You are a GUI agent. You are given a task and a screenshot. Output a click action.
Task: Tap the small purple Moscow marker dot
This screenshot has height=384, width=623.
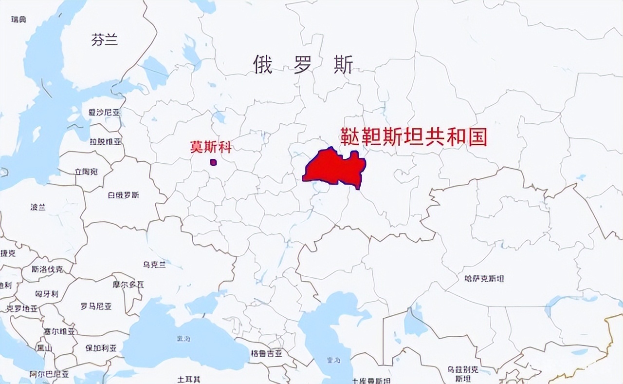point(213,162)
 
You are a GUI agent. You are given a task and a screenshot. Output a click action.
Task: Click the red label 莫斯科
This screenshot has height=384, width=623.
point(211,147)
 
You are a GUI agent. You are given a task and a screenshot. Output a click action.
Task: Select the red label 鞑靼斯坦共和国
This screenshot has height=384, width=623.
point(413,137)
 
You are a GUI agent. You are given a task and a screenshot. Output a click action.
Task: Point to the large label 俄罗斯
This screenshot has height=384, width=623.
point(303,65)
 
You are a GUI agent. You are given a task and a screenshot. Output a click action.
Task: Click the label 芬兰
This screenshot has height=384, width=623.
point(105,40)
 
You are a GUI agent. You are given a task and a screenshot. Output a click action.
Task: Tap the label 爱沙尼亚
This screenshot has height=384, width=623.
point(104,113)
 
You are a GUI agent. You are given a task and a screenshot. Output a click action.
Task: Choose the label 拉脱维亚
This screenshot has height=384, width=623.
point(105,142)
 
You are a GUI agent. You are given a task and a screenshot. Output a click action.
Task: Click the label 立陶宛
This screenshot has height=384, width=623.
point(86,172)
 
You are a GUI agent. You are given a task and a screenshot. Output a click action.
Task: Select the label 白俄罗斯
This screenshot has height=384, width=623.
point(123,195)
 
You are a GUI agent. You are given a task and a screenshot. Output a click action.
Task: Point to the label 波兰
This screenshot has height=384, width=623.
point(38,207)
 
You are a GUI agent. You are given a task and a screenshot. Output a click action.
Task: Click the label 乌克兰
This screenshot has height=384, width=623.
point(154,265)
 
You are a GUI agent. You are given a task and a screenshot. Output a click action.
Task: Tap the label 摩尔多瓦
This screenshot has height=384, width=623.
point(128,284)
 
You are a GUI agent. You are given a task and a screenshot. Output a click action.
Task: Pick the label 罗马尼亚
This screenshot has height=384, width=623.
point(96,307)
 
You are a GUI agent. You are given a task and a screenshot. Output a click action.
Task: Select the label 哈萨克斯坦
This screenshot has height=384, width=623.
point(484,279)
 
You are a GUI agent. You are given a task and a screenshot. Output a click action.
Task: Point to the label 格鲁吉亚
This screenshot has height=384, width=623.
point(266,353)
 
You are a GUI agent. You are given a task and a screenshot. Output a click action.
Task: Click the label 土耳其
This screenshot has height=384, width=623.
point(189,379)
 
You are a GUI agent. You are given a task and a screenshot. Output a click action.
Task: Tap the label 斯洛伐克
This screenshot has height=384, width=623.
point(47,269)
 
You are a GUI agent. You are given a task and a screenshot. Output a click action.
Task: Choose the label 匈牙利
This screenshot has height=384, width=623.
point(47,294)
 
